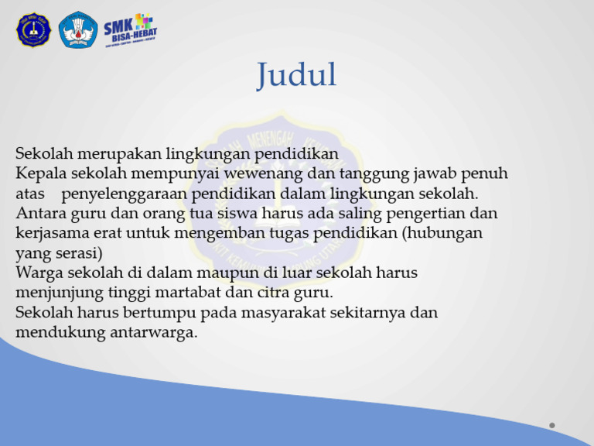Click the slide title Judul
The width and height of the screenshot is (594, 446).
pyautogui.click(x=297, y=76)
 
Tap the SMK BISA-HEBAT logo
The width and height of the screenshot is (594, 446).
pyautogui.click(x=131, y=30)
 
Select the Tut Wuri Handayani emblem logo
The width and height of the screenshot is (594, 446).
pyautogui.click(x=78, y=29)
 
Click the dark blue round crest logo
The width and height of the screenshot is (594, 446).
pyautogui.click(x=33, y=30)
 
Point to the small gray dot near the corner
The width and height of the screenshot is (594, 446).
pyautogui.click(x=551, y=424)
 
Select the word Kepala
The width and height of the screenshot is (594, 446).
pyautogui.click(x=39, y=173)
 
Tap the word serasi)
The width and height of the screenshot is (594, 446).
pyautogui.click(x=80, y=252)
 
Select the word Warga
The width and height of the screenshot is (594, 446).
pyautogui.click(x=38, y=273)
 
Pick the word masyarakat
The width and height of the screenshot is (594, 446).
pyautogui.click(x=296, y=313)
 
